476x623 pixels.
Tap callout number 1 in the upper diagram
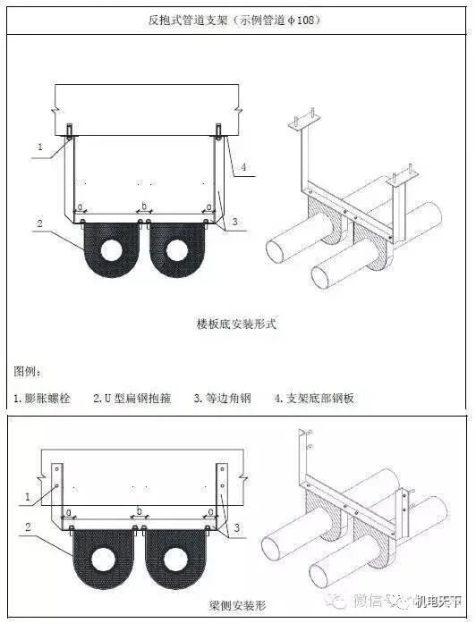(x=39, y=146)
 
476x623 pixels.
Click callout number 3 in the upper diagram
(x=234, y=221)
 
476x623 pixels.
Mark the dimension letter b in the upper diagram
(x=143, y=206)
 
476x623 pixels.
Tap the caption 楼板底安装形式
(x=236, y=324)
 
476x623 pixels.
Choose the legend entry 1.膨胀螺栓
(x=44, y=398)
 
